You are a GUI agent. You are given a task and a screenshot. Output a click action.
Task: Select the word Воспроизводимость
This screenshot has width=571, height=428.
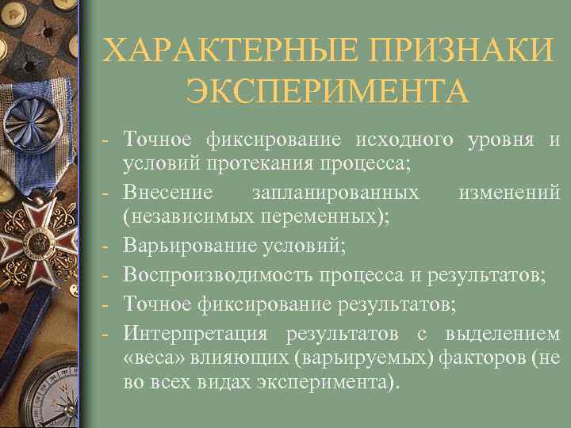pos(220,274)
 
